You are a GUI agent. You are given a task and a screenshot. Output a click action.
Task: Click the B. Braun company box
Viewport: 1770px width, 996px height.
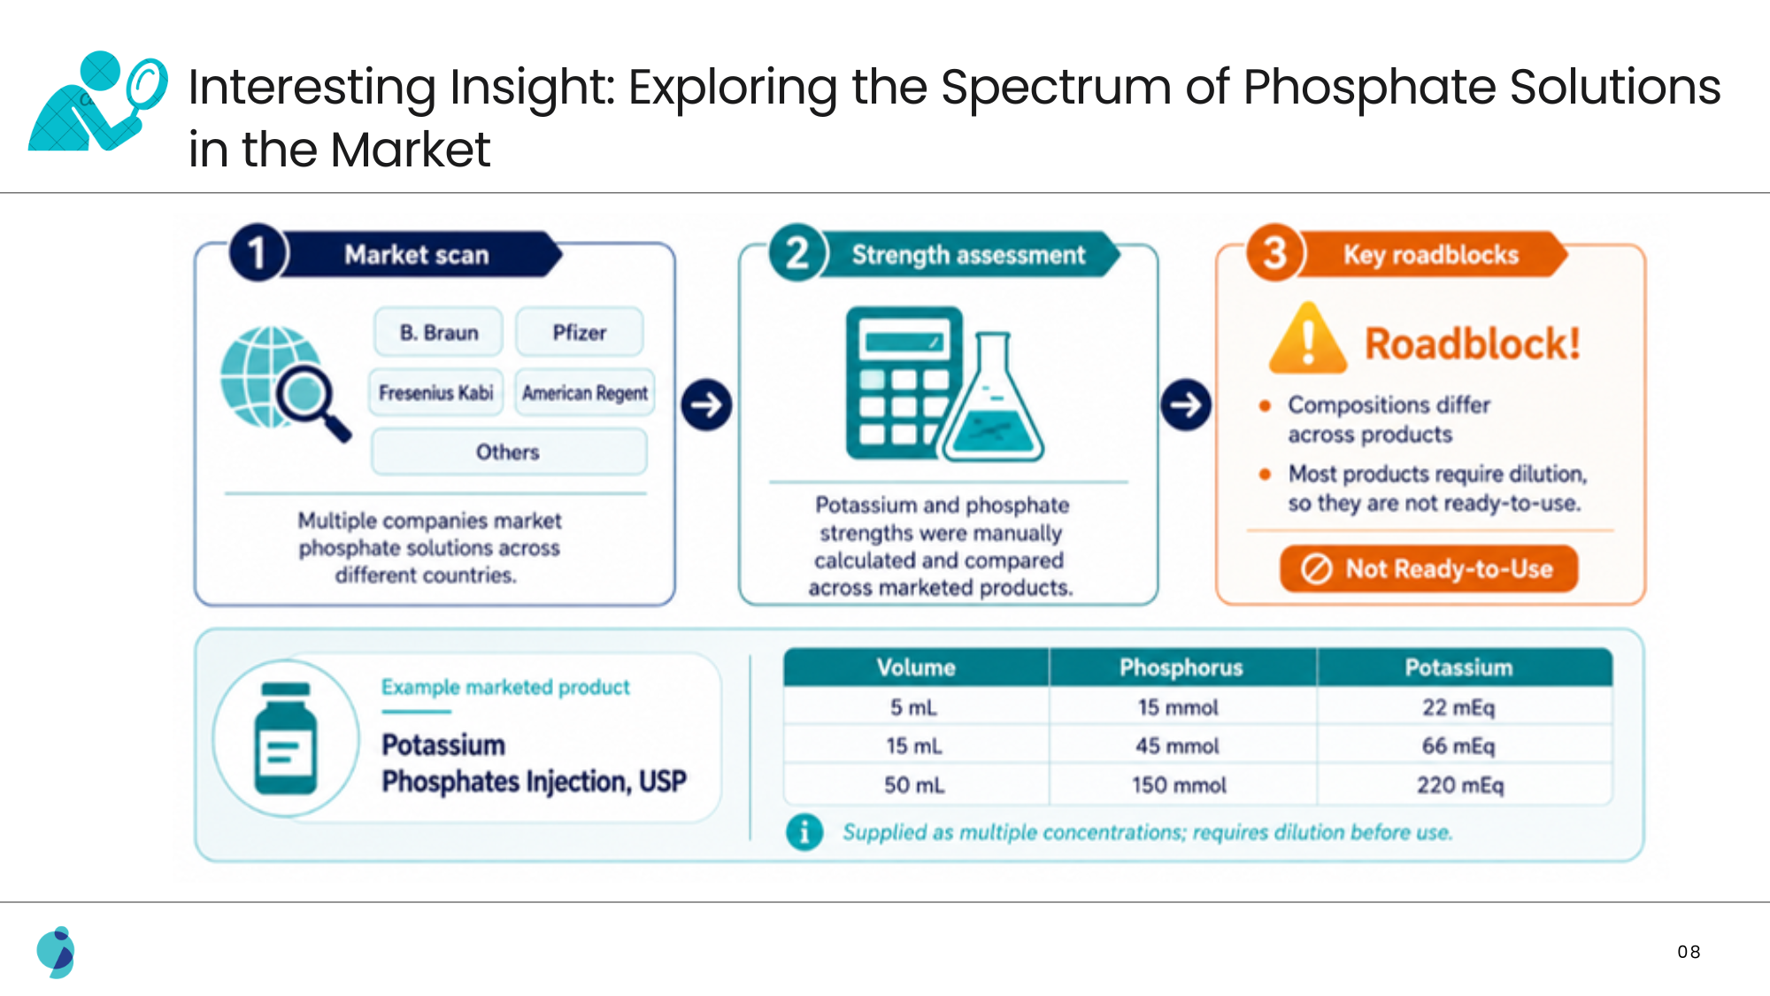[x=438, y=332]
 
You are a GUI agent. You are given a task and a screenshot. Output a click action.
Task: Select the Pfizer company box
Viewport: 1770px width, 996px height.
[x=580, y=332]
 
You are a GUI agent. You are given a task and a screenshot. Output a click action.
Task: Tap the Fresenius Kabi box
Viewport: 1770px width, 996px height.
[x=436, y=392]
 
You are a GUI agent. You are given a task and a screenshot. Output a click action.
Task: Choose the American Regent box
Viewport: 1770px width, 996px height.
[x=585, y=392]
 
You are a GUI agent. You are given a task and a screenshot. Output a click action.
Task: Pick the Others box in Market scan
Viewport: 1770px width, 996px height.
[x=509, y=452]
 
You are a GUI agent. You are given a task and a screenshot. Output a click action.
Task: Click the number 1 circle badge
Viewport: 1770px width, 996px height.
[x=258, y=253]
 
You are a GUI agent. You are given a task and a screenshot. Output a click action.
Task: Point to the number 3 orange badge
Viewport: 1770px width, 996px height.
[x=1274, y=253]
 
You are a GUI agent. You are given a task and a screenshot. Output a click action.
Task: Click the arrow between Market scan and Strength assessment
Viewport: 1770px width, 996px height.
[x=706, y=405]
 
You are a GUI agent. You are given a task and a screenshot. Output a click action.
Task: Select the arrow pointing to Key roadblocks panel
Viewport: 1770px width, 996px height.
[x=1186, y=405]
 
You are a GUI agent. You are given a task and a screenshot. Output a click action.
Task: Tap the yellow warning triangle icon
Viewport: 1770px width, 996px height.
[x=1308, y=339]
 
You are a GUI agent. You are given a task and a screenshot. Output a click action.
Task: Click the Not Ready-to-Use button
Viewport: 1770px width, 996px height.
[x=1428, y=568]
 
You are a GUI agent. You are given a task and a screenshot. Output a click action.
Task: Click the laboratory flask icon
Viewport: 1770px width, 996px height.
[x=993, y=397]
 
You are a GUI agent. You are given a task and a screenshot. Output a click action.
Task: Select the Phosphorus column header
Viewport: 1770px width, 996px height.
[x=1182, y=668]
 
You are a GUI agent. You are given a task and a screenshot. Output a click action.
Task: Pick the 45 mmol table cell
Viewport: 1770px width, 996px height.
[x=1178, y=746]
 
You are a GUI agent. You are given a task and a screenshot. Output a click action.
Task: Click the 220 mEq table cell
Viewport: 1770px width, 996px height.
[x=1460, y=785]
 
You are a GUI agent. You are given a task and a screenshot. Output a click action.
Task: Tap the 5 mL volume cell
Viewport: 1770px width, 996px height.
[x=914, y=707]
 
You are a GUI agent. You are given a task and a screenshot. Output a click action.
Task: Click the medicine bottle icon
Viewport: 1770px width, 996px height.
[x=286, y=738]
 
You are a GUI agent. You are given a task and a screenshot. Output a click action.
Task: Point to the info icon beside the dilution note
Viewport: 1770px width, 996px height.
[x=804, y=832]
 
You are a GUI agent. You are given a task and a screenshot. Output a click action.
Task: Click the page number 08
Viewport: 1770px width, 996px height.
[x=1689, y=952]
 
